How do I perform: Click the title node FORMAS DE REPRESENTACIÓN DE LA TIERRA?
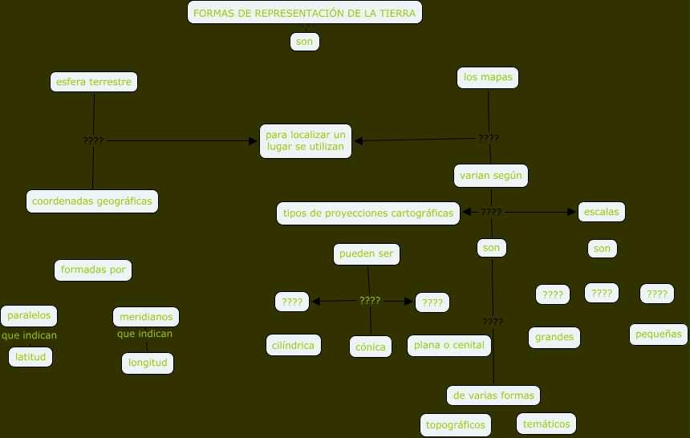(x=305, y=13)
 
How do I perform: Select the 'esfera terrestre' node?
(x=93, y=82)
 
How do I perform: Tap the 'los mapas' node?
(x=488, y=78)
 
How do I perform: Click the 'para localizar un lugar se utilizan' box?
(x=306, y=141)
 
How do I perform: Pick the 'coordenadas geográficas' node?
(x=92, y=201)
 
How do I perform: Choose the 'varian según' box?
(x=490, y=175)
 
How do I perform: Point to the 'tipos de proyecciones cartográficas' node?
(x=368, y=213)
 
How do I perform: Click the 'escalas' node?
(x=602, y=212)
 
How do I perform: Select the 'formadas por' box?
(x=93, y=270)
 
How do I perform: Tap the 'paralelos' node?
(x=30, y=316)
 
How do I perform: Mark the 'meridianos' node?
(x=145, y=317)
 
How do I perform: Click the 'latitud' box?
(x=30, y=356)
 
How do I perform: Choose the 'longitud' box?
(x=148, y=363)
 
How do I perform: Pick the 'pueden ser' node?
(x=367, y=254)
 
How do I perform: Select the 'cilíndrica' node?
(x=294, y=346)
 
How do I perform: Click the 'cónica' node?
(x=371, y=347)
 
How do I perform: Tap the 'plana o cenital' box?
(x=448, y=346)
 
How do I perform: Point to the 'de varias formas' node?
(x=493, y=395)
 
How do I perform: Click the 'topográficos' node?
(x=456, y=425)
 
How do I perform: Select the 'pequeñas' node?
(x=659, y=334)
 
